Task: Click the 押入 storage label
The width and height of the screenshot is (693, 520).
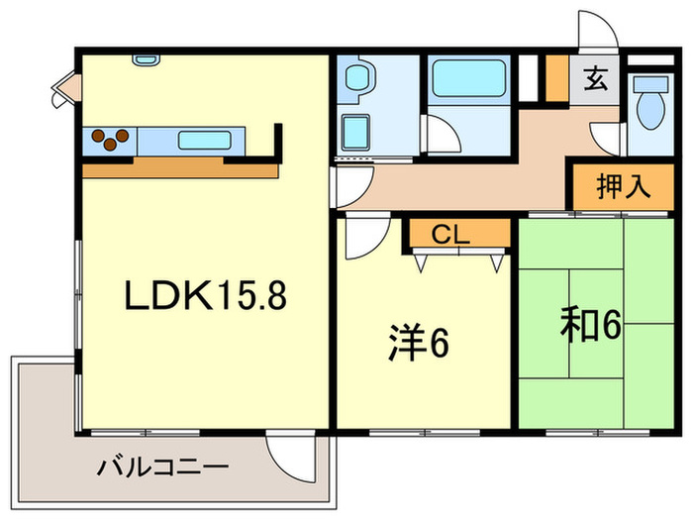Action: [622, 186]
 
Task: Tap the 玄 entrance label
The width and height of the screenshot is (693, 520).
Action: [596, 78]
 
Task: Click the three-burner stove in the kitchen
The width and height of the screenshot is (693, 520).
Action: [110, 140]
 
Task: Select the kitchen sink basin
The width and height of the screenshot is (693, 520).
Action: [205, 140]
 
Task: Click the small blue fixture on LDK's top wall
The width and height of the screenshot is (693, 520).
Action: [146, 59]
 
